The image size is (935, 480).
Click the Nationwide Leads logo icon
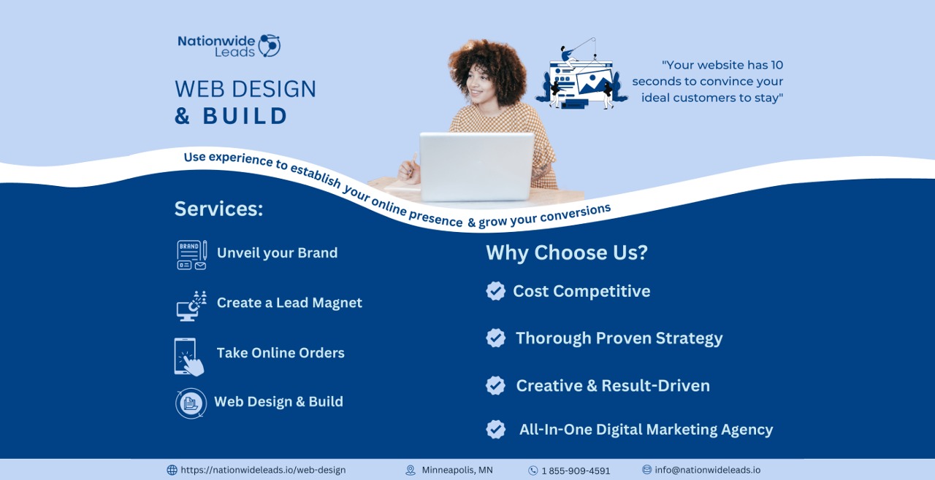click(x=269, y=45)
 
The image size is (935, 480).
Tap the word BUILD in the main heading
click(x=245, y=116)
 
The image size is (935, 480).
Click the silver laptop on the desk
click(x=476, y=166)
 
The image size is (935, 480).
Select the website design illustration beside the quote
click(x=582, y=76)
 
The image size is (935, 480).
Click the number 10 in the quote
click(x=776, y=65)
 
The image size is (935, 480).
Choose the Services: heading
click(x=218, y=209)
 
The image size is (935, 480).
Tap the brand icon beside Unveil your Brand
click(x=191, y=255)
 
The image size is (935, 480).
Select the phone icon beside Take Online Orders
click(x=187, y=356)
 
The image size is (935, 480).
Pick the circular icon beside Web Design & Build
click(x=191, y=403)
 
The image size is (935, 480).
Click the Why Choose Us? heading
click(x=567, y=252)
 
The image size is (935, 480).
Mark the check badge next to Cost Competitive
click(x=495, y=291)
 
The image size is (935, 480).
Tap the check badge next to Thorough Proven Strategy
click(x=495, y=338)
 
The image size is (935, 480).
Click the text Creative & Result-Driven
click(x=613, y=385)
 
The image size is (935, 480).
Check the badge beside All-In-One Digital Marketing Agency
click(x=495, y=429)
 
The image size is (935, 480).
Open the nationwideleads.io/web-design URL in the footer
click(x=263, y=471)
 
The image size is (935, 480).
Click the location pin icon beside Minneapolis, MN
click(x=411, y=471)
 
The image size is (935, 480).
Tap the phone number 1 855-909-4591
click(x=576, y=471)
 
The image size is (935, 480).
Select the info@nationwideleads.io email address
click(x=707, y=470)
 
